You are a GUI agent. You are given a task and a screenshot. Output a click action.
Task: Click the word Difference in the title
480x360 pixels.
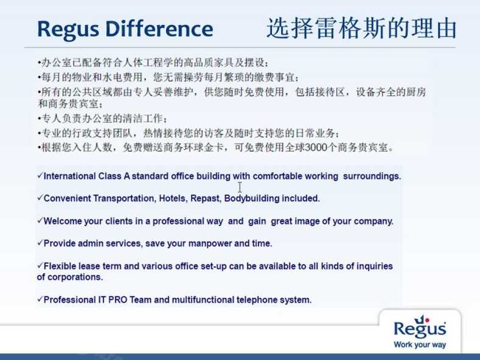(159, 29)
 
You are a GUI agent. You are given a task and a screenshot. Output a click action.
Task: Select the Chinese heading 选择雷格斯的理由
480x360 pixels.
(361, 29)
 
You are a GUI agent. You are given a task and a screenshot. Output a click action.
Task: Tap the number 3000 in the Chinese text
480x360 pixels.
(316, 148)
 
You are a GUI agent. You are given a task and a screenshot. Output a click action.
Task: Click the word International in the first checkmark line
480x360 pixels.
(69, 176)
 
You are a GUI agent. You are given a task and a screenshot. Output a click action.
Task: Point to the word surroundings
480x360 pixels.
(372, 176)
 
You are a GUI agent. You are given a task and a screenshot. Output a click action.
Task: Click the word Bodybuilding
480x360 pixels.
(252, 199)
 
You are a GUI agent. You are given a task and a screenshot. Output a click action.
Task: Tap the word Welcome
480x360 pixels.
(63, 221)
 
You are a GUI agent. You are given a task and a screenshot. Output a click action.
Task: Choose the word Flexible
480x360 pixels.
(60, 266)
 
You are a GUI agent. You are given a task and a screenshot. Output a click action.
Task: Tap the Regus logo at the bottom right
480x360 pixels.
(420, 327)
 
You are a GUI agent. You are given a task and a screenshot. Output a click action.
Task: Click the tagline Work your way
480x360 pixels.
(420, 345)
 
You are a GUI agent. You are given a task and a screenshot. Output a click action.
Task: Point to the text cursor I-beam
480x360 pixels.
(240, 187)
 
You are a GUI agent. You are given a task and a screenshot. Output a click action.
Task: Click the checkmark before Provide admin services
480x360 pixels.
(40, 243)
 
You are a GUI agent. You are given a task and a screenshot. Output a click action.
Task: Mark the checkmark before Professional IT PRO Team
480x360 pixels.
(40, 299)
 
